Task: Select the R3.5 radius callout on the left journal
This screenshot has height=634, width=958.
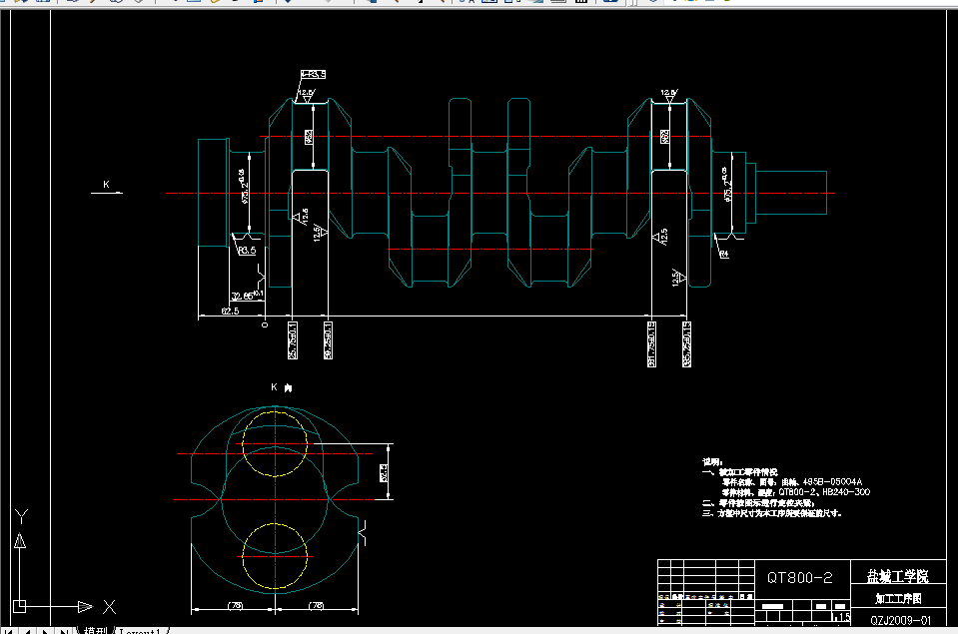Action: [247, 251]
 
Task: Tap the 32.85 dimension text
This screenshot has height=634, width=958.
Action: [243, 296]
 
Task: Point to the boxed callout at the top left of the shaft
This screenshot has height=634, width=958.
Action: [313, 74]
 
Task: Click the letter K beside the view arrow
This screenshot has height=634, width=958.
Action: [106, 185]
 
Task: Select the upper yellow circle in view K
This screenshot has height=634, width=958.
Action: [274, 441]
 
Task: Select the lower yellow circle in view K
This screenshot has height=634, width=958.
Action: [274, 556]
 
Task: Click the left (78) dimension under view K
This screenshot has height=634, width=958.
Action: [236, 605]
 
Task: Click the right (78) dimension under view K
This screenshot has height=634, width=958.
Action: [317, 605]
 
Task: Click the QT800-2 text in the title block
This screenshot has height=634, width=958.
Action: [799, 577]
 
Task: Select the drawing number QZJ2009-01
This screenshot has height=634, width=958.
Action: [900, 620]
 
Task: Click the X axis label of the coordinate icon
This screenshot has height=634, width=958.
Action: [110, 606]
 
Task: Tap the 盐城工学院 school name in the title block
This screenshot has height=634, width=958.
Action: [897, 576]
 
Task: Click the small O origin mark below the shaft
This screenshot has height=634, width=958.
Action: [265, 324]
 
